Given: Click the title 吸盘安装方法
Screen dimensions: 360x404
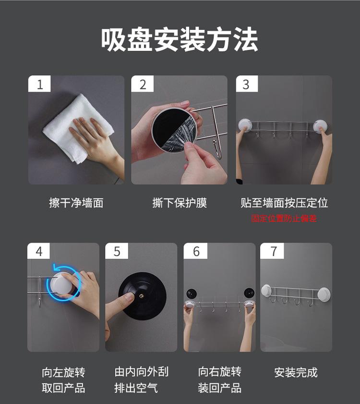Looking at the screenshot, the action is coord(180,40).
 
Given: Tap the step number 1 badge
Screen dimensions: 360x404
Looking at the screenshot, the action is coord(39,84).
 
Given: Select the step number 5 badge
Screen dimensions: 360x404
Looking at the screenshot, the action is coord(117,251).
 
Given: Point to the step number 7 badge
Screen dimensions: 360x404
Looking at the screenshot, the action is coord(272,251).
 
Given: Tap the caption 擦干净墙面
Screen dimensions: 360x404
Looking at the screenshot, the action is coord(76,203).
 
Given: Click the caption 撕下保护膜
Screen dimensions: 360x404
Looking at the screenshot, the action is coord(180,203).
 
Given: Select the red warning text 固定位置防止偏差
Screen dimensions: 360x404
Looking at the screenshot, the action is coord(284,219).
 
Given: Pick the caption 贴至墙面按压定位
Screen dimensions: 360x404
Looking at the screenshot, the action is coord(284,203).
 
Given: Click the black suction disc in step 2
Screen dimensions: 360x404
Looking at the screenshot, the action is coord(174,130).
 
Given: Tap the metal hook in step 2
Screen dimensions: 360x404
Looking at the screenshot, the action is coord(217,148).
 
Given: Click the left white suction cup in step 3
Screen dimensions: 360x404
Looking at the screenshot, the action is coord(245,125).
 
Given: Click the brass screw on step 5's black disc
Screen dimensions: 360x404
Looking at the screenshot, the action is coord(141,296).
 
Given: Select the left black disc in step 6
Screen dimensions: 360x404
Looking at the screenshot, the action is coord(192,294).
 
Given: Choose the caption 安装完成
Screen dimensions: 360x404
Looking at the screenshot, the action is coord(296,373).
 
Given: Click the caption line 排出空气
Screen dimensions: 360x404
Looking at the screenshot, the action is coord(136,388).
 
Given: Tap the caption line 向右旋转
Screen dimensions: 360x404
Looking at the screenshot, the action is coord(220,372).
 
